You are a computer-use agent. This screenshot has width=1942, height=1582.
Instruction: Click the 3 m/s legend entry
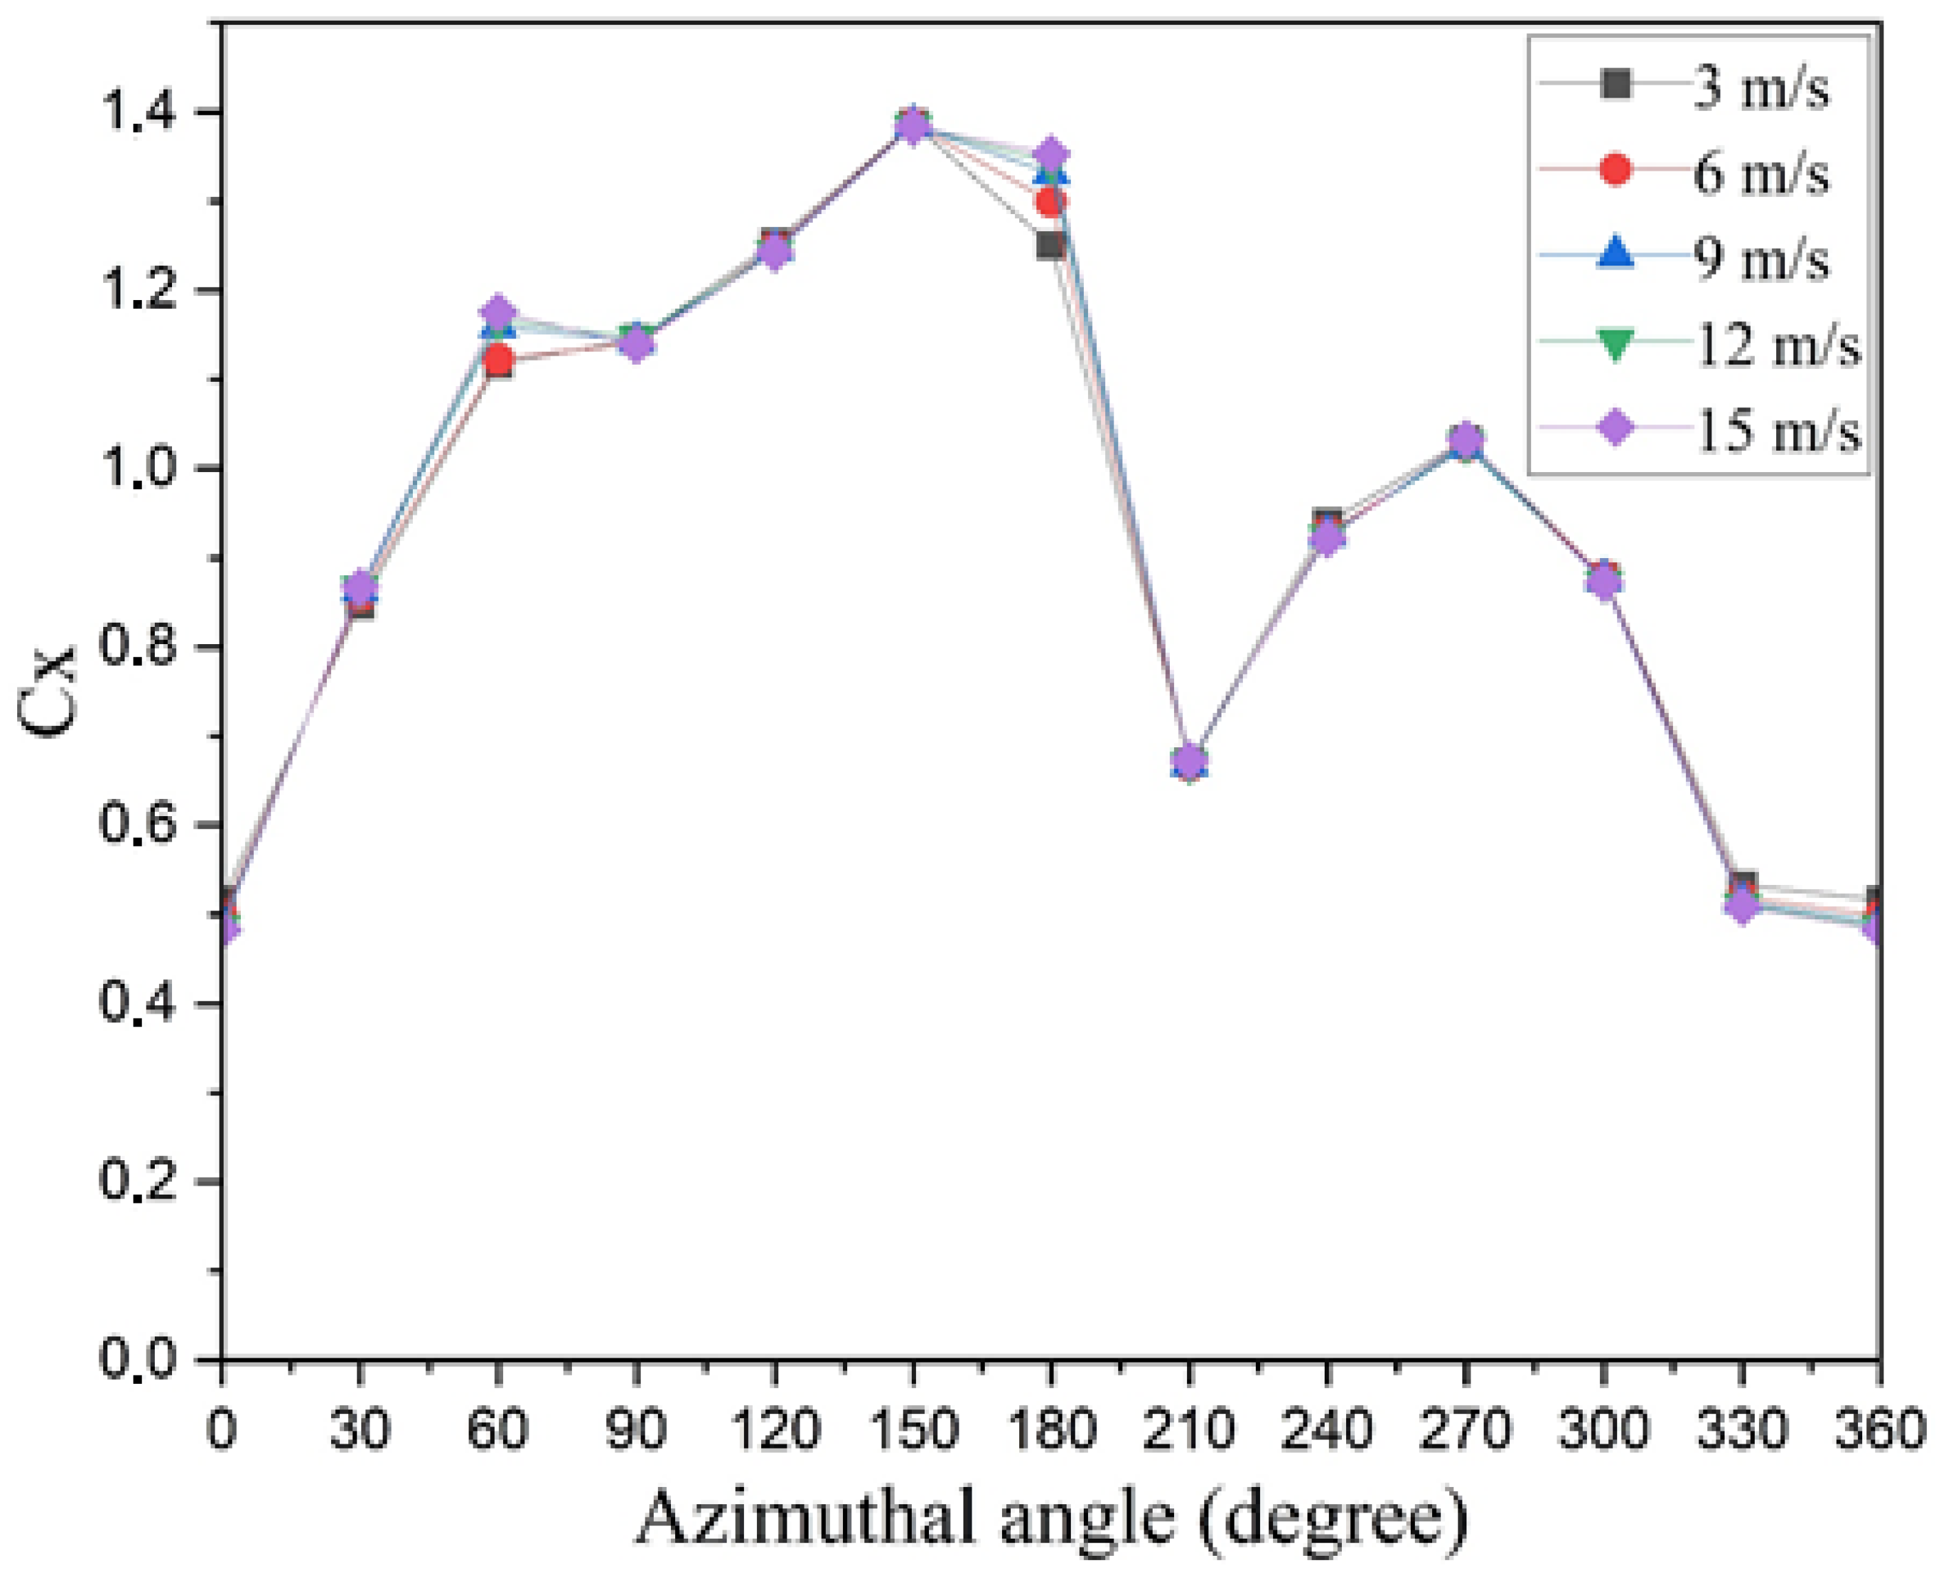point(1759,88)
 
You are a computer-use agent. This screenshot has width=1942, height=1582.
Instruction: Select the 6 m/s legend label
point(1759,173)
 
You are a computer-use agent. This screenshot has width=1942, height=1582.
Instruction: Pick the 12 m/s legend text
point(1777,345)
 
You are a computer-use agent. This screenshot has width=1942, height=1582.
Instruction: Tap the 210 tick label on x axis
point(1188,1429)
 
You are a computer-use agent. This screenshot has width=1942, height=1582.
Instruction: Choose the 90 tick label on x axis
point(635,1429)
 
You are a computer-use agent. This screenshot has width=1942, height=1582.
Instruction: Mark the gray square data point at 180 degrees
point(1050,245)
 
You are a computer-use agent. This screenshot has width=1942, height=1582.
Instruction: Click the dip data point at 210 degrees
point(1188,761)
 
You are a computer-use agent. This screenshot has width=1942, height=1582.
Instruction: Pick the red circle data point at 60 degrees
point(498,361)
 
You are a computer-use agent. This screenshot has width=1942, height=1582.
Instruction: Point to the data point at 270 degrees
point(1464,442)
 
